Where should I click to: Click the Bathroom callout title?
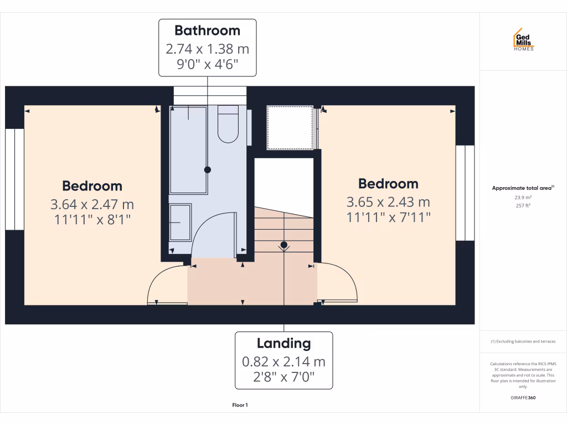pos(208,30)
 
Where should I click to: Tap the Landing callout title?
pos(284,343)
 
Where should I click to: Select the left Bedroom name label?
pos(92,186)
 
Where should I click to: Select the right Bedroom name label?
pos(388,183)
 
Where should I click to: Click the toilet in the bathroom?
pos(228,124)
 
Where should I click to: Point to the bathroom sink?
pos(180,221)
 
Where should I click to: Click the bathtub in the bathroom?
pos(188,149)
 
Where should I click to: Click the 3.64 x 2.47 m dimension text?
pos(92,205)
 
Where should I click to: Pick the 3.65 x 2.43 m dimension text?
pos(388,202)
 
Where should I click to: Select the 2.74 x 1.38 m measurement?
pos(208,49)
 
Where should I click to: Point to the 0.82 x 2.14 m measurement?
pos(284,362)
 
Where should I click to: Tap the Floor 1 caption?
pos(240,405)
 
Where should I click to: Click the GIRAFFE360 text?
pos(523,397)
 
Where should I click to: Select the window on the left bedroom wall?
pos(15,179)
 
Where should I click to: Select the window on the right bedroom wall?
pos(465,193)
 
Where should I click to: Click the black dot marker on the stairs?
pos(283,244)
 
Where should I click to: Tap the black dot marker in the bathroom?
pos(208,169)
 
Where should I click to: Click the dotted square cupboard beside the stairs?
pos(289,128)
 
